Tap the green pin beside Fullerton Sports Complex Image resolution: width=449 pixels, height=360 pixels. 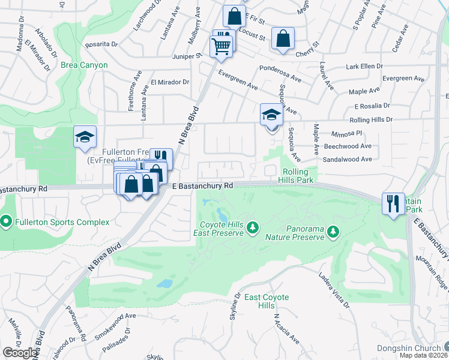tap(7, 223)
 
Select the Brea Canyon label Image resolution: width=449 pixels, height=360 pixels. tap(84, 65)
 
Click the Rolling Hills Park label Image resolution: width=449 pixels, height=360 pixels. tap(298, 176)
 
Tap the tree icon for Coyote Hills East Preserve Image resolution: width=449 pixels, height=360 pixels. tap(253, 226)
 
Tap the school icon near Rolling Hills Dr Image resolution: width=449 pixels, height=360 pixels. tap(271, 114)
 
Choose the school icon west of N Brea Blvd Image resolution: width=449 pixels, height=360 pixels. tap(85, 137)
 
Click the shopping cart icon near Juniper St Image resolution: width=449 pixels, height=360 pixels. tap(221, 45)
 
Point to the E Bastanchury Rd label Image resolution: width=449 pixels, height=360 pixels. tap(202, 186)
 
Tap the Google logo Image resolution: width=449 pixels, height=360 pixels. tap(20, 352)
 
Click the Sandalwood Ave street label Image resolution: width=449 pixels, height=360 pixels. tap(348, 159)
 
